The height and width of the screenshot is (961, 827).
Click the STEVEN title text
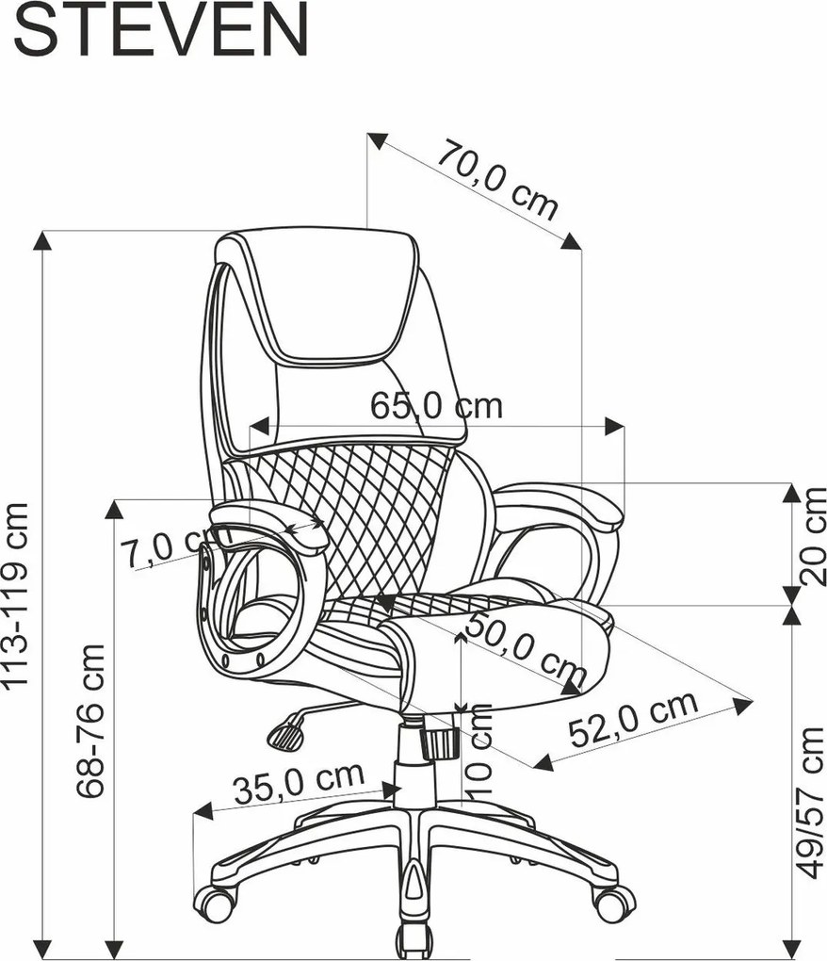160,30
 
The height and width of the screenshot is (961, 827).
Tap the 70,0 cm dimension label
496,180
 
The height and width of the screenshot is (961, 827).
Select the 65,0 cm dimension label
436,405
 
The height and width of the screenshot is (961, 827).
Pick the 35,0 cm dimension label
299,782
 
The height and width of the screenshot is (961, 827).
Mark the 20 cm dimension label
813,535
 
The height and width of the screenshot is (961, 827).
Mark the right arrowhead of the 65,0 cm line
614,427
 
